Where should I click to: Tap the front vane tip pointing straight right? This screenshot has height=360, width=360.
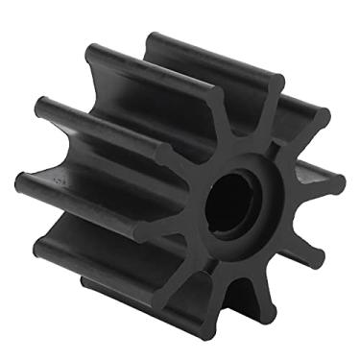point(338,182)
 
